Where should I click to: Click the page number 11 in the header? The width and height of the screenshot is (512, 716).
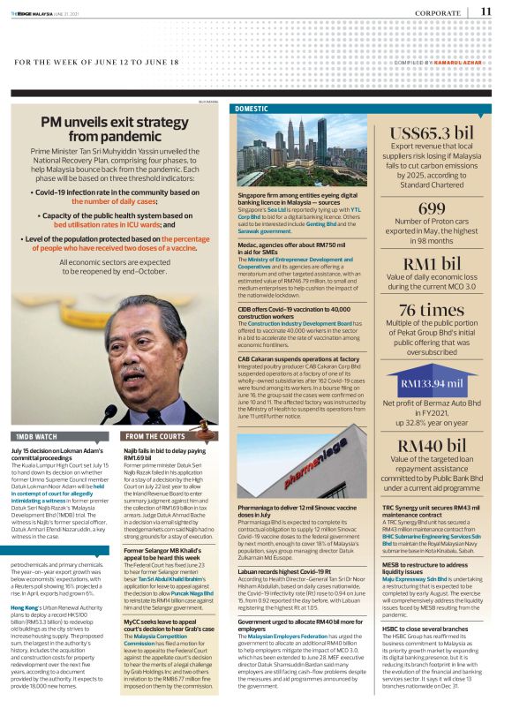(x=486, y=11)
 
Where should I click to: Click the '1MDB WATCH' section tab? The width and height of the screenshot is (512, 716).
(x=34, y=437)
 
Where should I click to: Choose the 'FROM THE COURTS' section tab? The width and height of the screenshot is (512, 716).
(x=154, y=437)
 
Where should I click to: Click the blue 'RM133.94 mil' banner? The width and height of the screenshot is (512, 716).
(x=432, y=384)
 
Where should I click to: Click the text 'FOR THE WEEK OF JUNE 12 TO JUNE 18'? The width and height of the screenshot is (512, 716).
(x=97, y=64)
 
